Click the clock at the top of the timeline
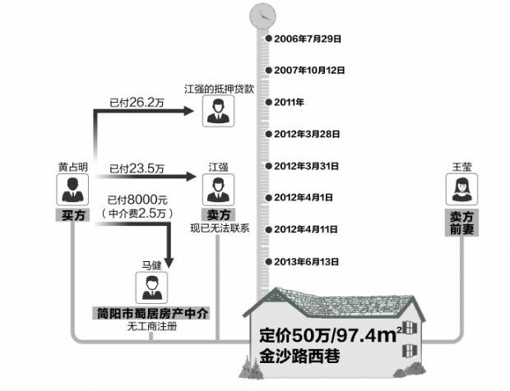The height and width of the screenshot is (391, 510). pos(263,15)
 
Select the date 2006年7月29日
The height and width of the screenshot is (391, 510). pos(307,39)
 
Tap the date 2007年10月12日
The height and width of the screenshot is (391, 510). pos(308,71)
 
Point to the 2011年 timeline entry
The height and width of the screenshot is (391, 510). pos(290,103)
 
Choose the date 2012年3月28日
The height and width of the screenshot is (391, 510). pos(307,134)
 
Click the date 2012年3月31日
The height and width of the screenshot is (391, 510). pos(307,166)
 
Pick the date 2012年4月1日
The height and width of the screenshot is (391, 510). pos(304,197)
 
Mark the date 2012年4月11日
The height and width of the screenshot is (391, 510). pos(306,229)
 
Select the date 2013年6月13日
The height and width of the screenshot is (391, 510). pos(306,261)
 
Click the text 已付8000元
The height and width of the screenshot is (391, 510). pos(137,200)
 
